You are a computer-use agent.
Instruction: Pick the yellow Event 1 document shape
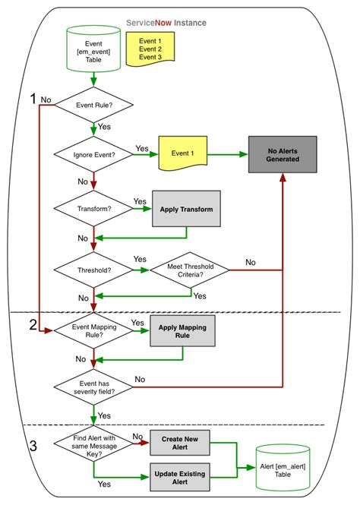coord(182,154)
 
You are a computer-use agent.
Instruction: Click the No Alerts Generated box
coord(282,154)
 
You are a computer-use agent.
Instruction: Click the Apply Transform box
coord(185,208)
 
